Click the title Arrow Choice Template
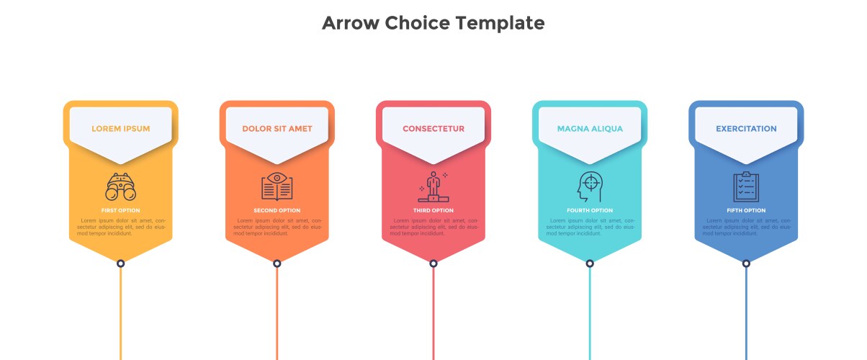[x=433, y=23]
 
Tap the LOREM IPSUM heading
[x=121, y=128]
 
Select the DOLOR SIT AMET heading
[x=277, y=128]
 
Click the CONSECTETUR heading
[x=433, y=128]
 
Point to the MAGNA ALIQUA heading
[x=590, y=128]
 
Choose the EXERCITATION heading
[x=746, y=128]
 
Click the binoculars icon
[x=121, y=186]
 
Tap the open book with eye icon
[x=277, y=186]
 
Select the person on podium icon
[x=433, y=186]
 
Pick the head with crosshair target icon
[x=590, y=186]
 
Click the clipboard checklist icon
[x=746, y=186]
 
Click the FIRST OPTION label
[x=121, y=210]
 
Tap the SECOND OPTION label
[x=277, y=210]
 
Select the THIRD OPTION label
[x=433, y=210]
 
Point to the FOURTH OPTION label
[x=590, y=210]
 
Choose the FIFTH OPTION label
[x=746, y=210]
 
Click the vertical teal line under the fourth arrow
[x=590, y=314]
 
